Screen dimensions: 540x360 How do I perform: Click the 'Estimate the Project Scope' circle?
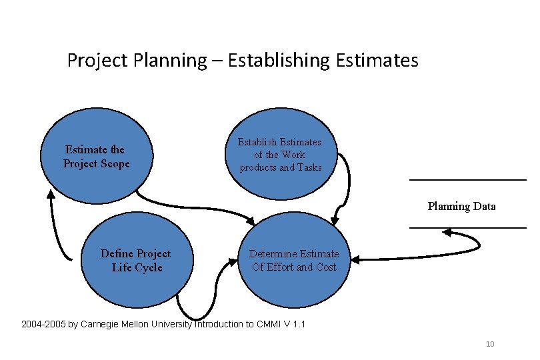click(97, 157)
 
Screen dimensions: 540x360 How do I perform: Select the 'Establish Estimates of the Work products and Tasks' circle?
click(281, 155)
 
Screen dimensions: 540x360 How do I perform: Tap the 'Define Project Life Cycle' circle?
click(136, 260)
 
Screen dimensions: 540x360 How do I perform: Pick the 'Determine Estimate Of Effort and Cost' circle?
click(294, 260)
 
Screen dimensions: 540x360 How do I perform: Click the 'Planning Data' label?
click(461, 206)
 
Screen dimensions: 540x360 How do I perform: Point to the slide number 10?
click(490, 344)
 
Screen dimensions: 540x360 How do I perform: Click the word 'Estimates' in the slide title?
click(379, 61)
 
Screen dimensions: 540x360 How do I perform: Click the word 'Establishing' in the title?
click(279, 61)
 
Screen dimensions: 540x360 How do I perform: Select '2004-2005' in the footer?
click(43, 325)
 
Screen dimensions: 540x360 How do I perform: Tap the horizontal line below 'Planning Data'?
click(467, 228)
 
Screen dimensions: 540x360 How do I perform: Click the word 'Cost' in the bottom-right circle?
click(326, 267)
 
